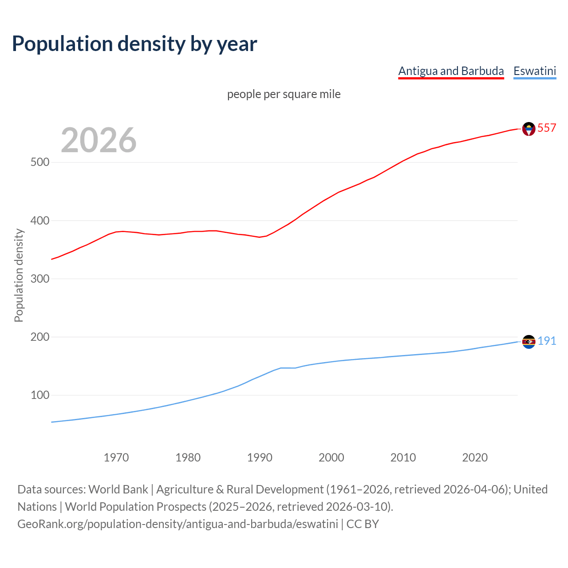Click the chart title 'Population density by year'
134,44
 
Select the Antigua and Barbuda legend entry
451,71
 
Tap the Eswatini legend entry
535,71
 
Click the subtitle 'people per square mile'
284,94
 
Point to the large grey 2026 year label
99,140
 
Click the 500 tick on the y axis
39,162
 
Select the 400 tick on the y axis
39,221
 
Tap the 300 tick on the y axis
39,279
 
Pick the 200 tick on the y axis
39,337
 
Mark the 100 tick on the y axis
39,395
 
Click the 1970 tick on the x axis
116,458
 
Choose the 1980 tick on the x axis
188,458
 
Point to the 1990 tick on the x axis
260,458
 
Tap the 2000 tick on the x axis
331,458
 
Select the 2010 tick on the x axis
403,458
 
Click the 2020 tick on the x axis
475,458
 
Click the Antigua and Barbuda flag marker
529,129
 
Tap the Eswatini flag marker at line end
529,342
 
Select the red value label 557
547,128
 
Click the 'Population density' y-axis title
19,275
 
